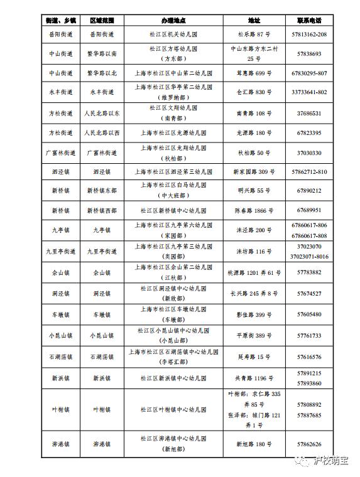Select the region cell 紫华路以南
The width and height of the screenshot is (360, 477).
point(101,54)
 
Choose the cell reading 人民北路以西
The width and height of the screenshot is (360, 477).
point(101,132)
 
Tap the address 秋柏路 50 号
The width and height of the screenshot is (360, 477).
point(254,153)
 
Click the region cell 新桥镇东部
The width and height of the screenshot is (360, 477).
point(101,191)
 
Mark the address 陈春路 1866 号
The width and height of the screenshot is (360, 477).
point(254,210)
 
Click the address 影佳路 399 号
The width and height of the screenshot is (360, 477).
point(254,314)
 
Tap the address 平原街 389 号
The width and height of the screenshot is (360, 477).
point(254,335)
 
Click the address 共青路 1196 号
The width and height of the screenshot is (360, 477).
point(254,378)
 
